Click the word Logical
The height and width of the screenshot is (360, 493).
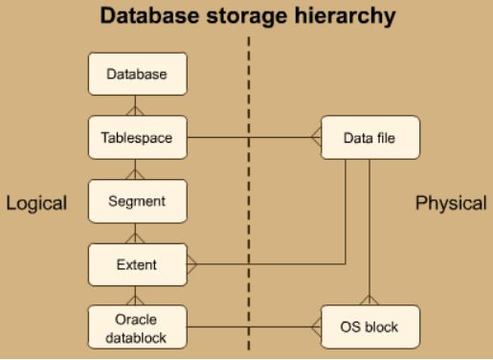pos(36,203)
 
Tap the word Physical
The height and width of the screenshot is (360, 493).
pos(452,203)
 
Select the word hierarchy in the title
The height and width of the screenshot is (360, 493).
pos(343,17)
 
